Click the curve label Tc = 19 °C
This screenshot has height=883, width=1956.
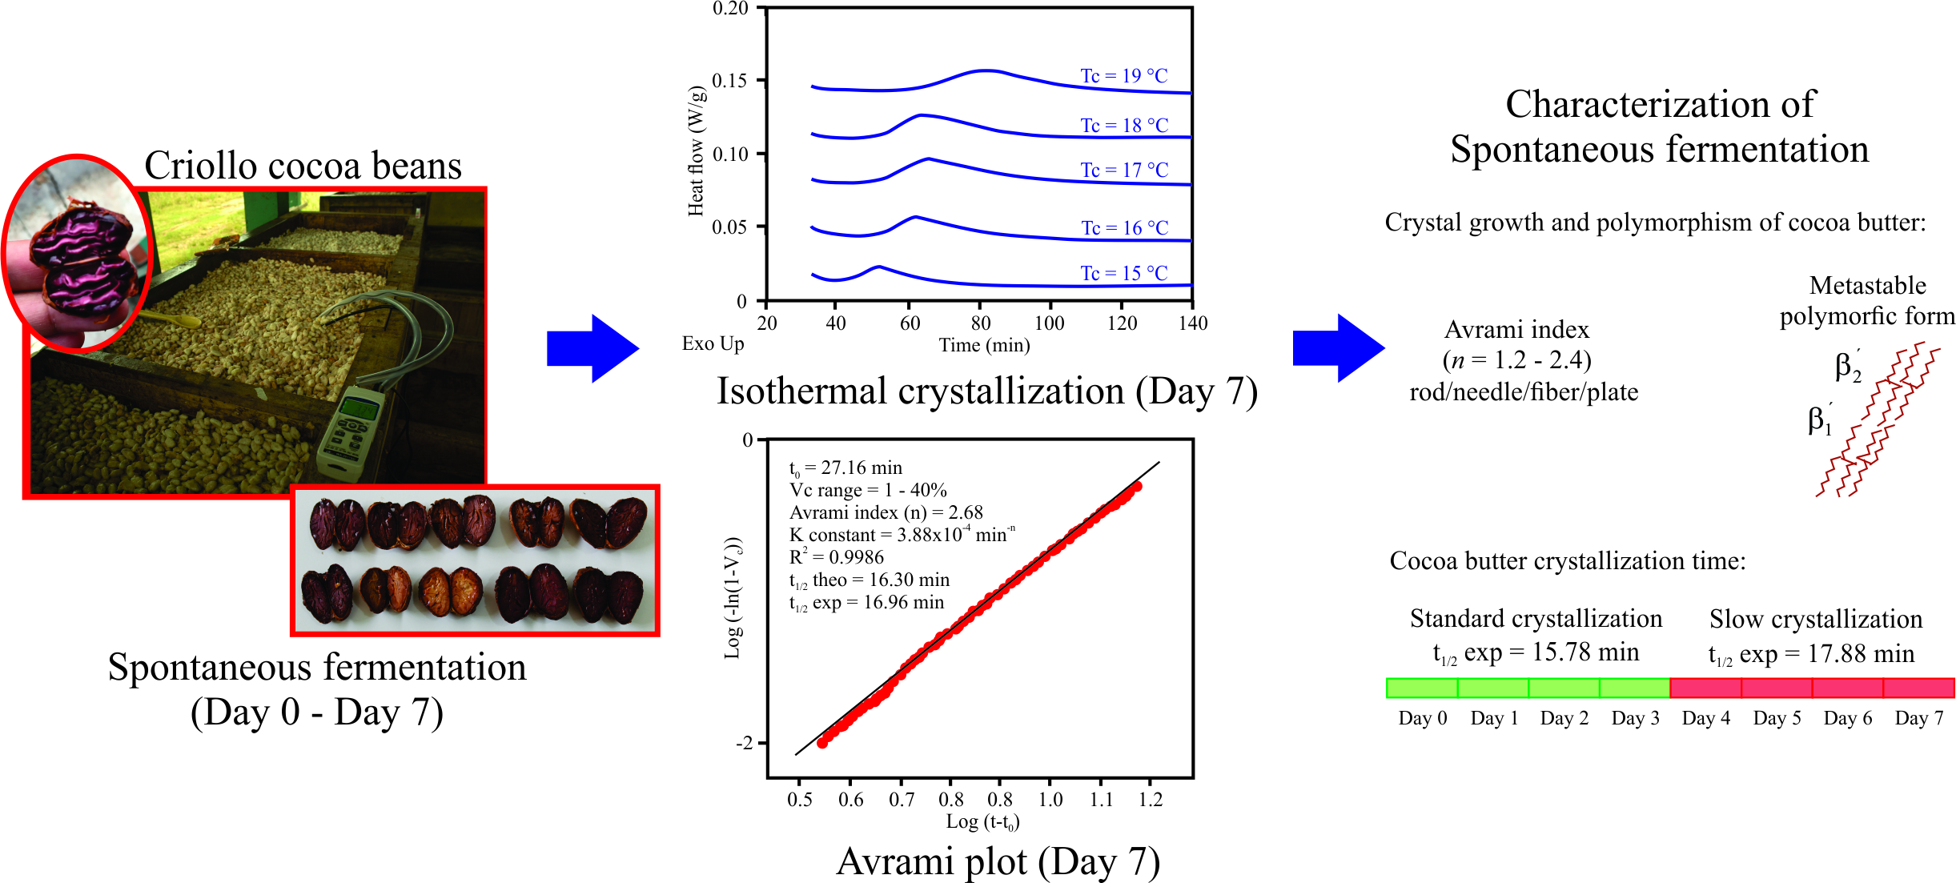pyautogui.click(x=1123, y=76)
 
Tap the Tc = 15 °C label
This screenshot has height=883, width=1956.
pyautogui.click(x=1123, y=274)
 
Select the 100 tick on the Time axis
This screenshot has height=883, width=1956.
pyautogui.click(x=1049, y=323)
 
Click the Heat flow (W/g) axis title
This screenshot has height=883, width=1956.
pyautogui.click(x=697, y=152)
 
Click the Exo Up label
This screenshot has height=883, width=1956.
pyautogui.click(x=713, y=343)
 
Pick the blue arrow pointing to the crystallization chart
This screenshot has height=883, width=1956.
pyautogui.click(x=592, y=348)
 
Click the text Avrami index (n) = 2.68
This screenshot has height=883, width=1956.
pyautogui.click(x=886, y=512)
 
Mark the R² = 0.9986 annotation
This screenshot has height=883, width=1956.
pyautogui.click(x=837, y=557)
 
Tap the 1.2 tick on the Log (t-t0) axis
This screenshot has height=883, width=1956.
pyautogui.click(x=1151, y=799)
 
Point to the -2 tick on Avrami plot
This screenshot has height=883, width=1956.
pyautogui.click(x=745, y=743)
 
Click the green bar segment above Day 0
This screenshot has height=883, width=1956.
pyautogui.click(x=1422, y=688)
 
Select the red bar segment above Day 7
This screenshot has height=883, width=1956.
pyautogui.click(x=1918, y=688)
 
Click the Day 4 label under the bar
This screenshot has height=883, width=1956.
pyautogui.click(x=1705, y=718)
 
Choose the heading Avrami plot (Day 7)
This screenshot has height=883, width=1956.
pyautogui.click(x=998, y=862)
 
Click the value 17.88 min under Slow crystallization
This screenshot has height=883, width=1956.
pyautogui.click(x=1861, y=654)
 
